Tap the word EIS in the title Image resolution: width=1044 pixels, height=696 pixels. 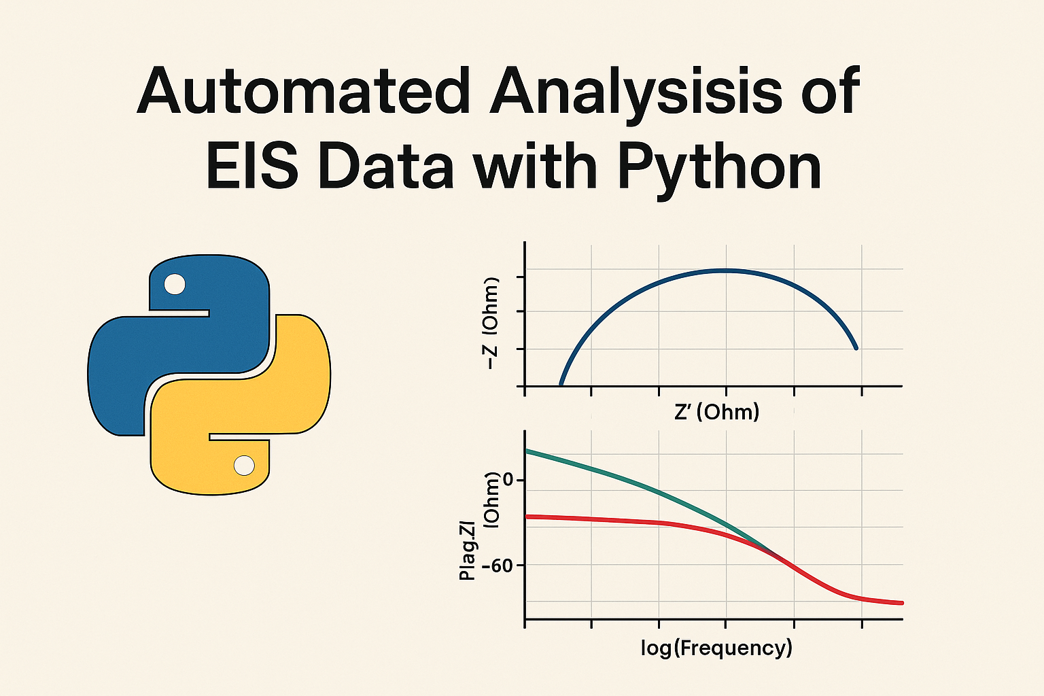pyautogui.click(x=252, y=167)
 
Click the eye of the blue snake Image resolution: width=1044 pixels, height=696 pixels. pyautogui.click(x=175, y=284)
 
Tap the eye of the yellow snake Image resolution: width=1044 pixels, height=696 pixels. pyautogui.click(x=244, y=465)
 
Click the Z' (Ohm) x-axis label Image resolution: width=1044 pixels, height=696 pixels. pyautogui.click(x=717, y=413)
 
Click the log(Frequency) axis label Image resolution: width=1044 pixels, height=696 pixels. pyautogui.click(x=717, y=648)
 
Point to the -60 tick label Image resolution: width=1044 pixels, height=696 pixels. pyautogui.click(x=498, y=566)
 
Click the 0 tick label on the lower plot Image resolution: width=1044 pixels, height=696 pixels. pyautogui.click(x=508, y=479)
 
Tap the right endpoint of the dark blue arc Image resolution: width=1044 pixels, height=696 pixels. pyautogui.click(x=856, y=348)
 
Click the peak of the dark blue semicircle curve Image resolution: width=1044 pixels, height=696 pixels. pyautogui.click(x=725, y=271)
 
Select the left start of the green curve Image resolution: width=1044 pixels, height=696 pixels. pyautogui.click(x=527, y=451)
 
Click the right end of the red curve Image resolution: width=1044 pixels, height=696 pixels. pyautogui.click(x=902, y=603)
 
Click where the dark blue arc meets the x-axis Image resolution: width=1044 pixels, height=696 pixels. pyautogui.click(x=561, y=385)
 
